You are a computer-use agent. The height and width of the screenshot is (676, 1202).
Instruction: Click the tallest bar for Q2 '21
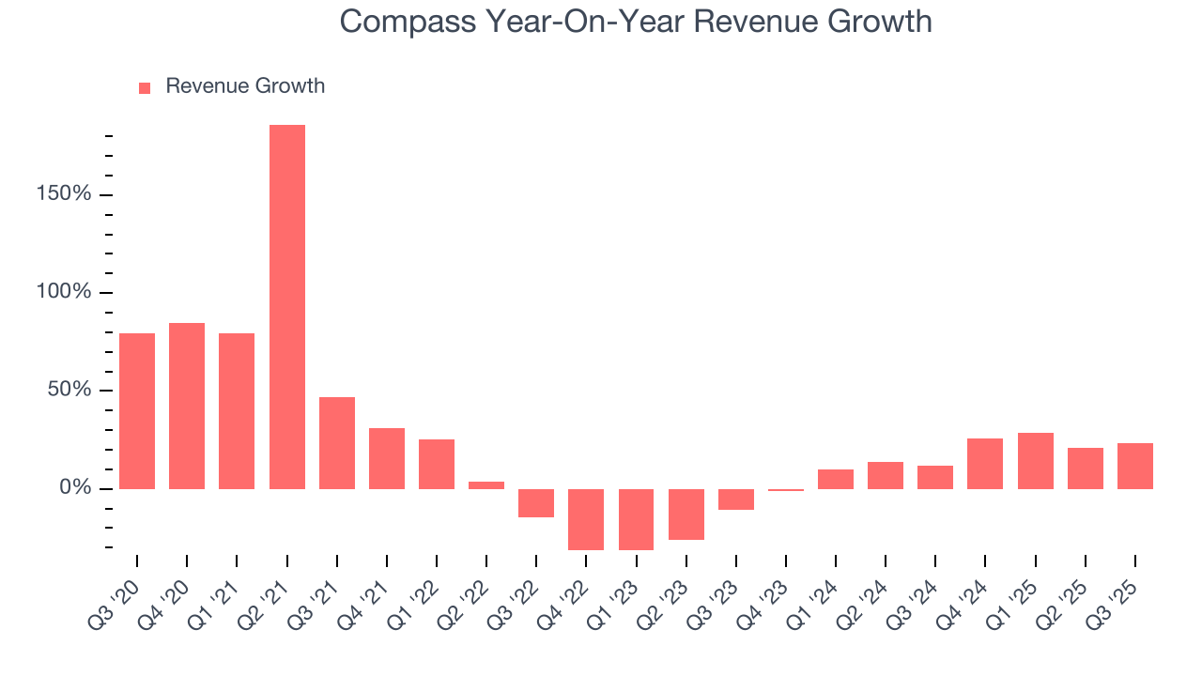point(286,306)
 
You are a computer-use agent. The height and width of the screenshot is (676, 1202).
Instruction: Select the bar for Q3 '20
point(137,410)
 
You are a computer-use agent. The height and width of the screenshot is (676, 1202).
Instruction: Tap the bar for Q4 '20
point(187,406)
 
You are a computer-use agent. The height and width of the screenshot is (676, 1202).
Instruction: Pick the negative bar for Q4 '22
point(586,519)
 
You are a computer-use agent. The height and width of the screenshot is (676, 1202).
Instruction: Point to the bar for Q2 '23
point(686,514)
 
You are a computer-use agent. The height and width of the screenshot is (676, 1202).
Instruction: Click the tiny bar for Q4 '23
point(786,489)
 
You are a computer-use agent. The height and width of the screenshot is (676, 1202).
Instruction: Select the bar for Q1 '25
point(1036,460)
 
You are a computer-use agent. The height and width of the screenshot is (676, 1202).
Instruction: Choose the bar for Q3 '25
point(1135,466)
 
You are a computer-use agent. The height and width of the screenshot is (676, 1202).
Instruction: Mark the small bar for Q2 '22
point(486,484)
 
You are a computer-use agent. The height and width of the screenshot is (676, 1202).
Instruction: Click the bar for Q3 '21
point(337,442)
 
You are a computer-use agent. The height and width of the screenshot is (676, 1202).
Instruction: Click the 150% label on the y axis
point(65,194)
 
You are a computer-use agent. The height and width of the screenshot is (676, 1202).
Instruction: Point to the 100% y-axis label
point(65,292)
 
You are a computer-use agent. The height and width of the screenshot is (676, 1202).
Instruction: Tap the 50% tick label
point(69,390)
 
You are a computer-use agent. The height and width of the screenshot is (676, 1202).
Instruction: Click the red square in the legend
point(145,87)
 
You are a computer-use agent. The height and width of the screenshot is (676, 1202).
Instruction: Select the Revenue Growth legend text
point(245,86)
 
